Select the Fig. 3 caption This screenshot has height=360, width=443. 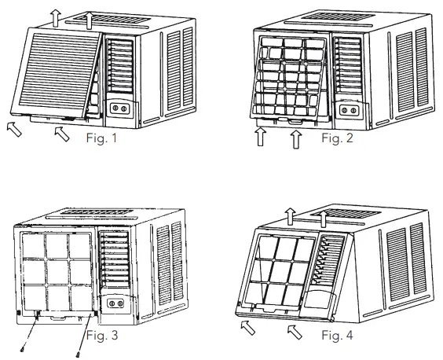(101, 337)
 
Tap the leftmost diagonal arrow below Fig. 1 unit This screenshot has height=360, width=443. (13, 128)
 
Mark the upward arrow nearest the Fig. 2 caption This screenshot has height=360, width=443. (295, 140)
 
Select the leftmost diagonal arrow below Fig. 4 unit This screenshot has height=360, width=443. (246, 327)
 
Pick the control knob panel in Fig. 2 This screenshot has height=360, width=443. (347, 109)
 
